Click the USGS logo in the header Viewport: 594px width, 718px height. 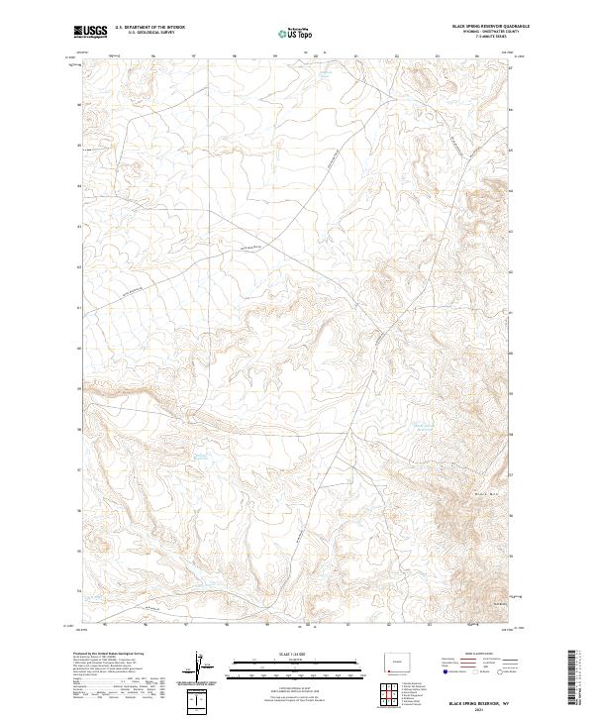[92, 32]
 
